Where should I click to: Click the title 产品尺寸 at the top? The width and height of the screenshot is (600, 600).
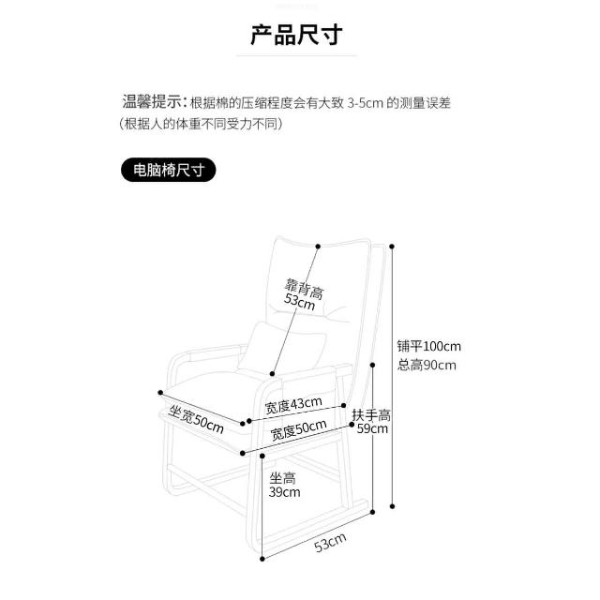point(296,37)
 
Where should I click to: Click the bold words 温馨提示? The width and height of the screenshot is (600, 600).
point(153,101)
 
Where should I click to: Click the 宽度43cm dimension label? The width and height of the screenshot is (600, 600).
point(292,405)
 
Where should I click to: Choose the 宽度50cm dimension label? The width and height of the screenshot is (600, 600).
point(298,432)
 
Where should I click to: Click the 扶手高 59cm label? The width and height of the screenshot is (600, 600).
point(370,422)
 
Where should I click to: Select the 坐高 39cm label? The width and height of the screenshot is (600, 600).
point(284,485)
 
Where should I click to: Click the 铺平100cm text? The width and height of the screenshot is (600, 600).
point(428,346)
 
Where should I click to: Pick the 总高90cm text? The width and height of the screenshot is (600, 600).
point(427,365)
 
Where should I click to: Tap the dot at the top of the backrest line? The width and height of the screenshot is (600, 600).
point(320,247)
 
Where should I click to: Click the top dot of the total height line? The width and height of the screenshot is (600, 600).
point(392,247)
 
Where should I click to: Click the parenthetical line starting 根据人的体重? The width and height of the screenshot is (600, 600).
point(201,124)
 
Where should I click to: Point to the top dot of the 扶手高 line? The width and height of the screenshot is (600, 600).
point(374,367)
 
